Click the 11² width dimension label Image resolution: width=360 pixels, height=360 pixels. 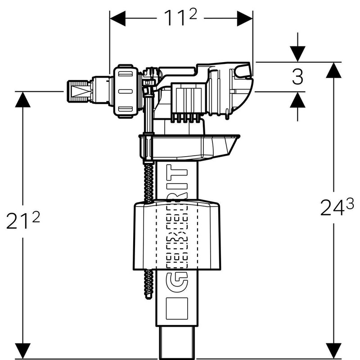(180, 18)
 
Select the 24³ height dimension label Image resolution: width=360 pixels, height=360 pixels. (333, 208)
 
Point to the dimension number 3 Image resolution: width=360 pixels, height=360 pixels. (297, 77)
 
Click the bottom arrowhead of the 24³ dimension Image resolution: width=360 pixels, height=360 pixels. (333, 347)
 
